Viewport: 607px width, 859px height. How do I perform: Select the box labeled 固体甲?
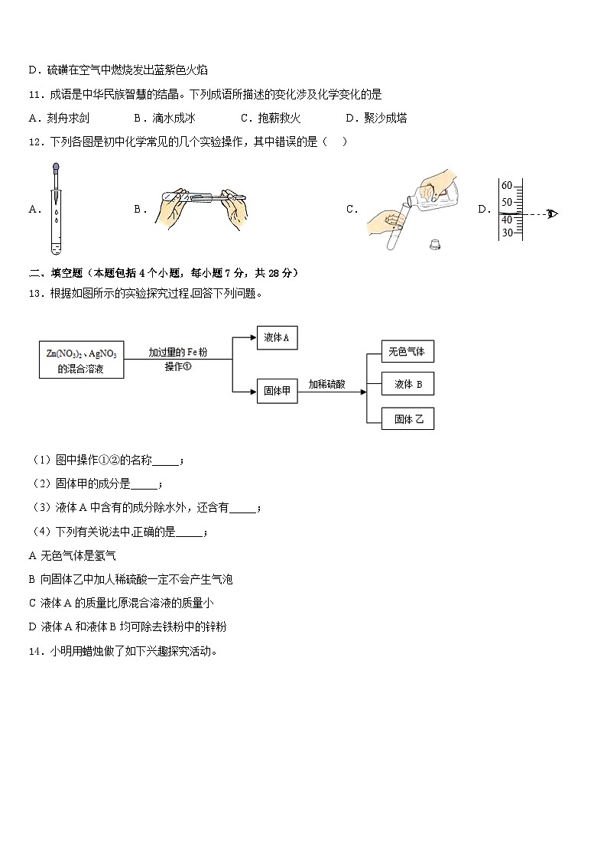coord(277,392)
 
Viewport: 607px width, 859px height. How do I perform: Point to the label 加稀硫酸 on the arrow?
coord(326,385)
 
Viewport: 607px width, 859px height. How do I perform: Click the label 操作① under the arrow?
coord(177,367)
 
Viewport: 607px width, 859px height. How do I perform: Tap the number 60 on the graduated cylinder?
coord(506,186)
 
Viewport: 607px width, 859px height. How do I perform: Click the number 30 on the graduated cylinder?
coord(506,233)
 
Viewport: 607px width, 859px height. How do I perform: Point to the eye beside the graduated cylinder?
coord(552,213)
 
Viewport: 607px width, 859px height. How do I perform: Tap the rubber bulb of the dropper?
coord(57,167)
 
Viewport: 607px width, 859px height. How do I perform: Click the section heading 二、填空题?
coord(54,273)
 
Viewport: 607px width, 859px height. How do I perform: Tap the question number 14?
coord(34,652)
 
